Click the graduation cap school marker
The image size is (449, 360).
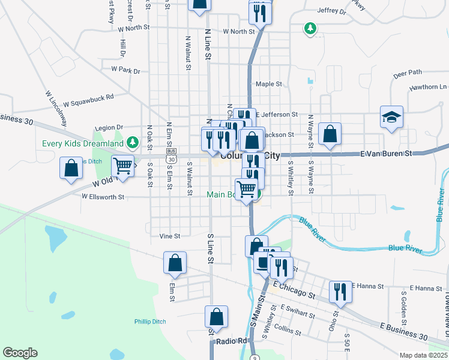click(x=391, y=117)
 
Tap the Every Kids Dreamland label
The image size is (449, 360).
click(x=82, y=143)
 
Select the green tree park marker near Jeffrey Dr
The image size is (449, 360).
click(x=310, y=28)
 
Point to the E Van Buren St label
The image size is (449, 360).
click(x=386, y=154)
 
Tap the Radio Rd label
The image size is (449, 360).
click(x=232, y=341)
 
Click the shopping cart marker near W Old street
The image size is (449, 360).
click(x=123, y=166)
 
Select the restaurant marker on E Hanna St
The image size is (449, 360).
click(x=340, y=292)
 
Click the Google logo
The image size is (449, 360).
click(x=20, y=353)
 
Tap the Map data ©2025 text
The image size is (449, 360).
click(x=423, y=355)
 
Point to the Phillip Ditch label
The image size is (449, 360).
click(x=150, y=322)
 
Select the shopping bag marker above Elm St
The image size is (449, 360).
click(x=175, y=262)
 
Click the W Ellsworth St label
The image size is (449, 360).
click(x=103, y=196)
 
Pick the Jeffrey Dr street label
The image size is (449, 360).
click(x=332, y=11)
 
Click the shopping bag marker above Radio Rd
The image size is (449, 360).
click(x=216, y=316)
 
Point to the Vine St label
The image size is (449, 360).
click(x=170, y=236)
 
